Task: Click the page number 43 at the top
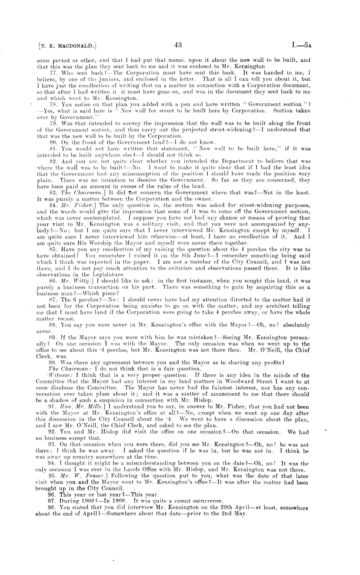tap(178, 45)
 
